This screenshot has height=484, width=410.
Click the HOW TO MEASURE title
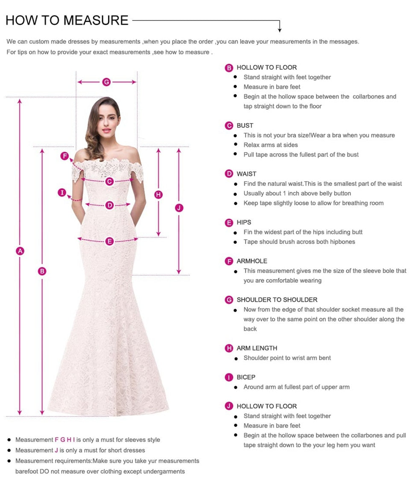pos(67,20)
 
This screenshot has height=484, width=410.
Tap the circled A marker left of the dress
pos(20,251)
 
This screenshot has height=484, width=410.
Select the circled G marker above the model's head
pos(106,82)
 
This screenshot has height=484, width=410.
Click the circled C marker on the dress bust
pos(110,182)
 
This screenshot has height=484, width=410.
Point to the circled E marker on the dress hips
pos(110,242)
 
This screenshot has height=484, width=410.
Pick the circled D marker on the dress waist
pos(110,206)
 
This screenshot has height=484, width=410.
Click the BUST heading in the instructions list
pos(245,125)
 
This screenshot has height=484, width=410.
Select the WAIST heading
pos(246,174)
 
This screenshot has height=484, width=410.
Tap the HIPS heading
pos(244,222)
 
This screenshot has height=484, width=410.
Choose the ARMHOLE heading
pos(252,261)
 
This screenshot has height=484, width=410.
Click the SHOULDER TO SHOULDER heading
pos(277,300)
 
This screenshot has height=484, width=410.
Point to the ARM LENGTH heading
pos(257,348)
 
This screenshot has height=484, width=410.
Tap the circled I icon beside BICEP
pos(229,377)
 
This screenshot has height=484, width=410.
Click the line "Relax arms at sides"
pos(271,145)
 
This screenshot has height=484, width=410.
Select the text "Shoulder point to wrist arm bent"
pos(287,358)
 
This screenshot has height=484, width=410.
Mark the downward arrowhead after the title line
pos(280,29)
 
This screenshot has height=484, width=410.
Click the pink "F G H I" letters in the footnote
pos(65,440)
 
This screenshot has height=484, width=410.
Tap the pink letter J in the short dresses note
pos(56,450)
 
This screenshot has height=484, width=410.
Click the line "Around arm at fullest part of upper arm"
pos(296,387)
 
